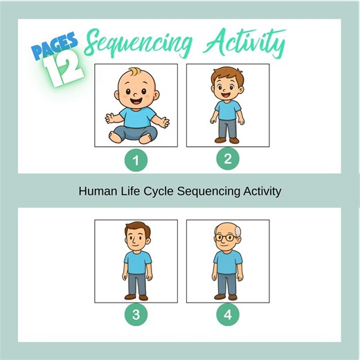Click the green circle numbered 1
point(136,161)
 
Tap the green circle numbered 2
point(228,159)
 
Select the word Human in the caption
point(96,191)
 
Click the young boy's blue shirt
point(227,111)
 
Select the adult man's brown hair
point(136,228)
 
